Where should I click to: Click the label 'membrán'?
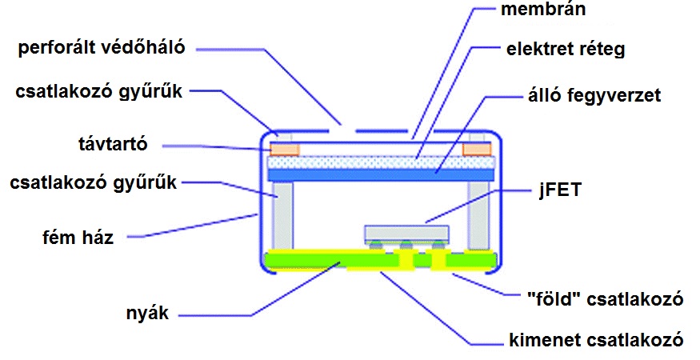(x=544, y=11)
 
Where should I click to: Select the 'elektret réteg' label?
(x=565, y=50)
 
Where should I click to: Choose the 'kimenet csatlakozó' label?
(x=596, y=340)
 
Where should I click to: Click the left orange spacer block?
(x=285, y=149)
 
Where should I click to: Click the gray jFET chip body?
(x=406, y=233)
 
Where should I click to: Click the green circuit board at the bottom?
(x=320, y=259)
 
